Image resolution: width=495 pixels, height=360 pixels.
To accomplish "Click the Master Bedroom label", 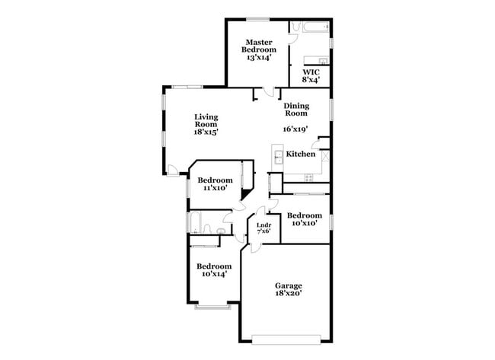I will click(x=259, y=49).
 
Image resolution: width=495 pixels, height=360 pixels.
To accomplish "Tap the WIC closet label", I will click(x=311, y=75).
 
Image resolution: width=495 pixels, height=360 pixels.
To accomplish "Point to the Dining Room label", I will click(x=295, y=109).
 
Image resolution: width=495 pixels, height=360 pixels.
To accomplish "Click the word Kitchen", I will click(x=300, y=155).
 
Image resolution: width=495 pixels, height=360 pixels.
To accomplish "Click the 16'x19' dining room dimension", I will click(x=296, y=129).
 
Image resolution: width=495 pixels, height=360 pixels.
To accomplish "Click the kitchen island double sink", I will click(x=278, y=158).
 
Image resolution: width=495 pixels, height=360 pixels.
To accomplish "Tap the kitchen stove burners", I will click(x=308, y=178).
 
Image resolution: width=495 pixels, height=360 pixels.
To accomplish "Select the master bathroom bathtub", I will click(x=313, y=28).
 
